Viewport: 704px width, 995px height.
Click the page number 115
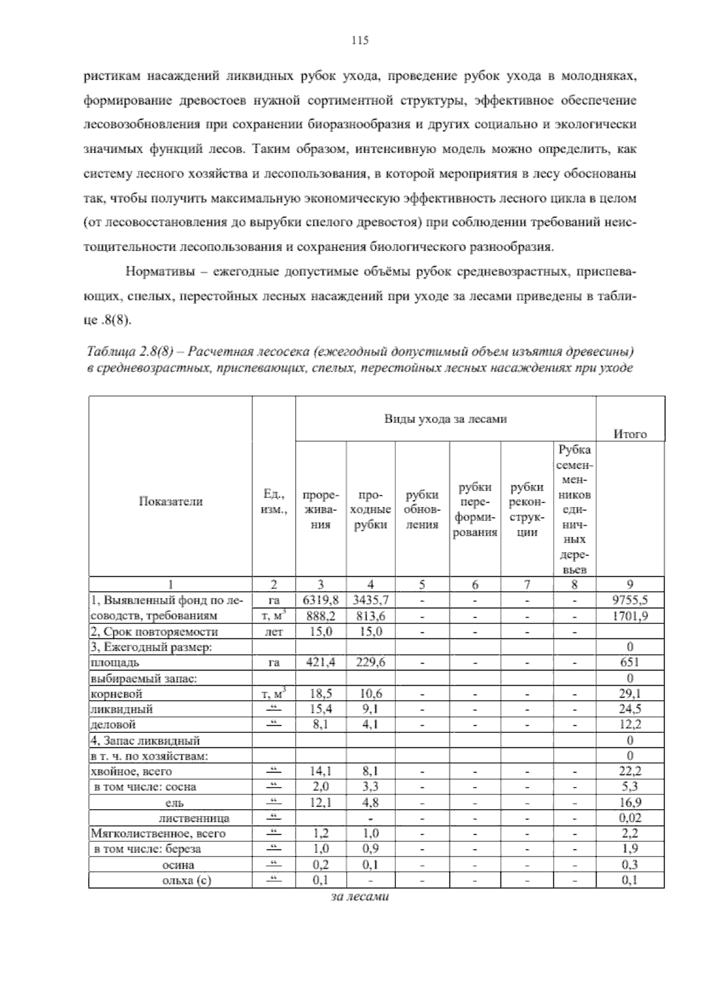pyautogui.click(x=359, y=40)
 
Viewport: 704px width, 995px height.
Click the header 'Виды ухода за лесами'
pyautogui.click(x=445, y=419)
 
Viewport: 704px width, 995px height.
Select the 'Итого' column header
pyautogui.click(x=630, y=434)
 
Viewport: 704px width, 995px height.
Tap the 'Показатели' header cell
pyautogui.click(x=171, y=501)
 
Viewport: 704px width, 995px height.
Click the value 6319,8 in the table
pyautogui.click(x=321, y=600)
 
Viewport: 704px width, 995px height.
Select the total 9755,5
pyautogui.click(x=630, y=600)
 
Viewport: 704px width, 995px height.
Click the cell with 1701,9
pyautogui.click(x=630, y=616)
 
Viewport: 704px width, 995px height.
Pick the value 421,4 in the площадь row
pyautogui.click(x=321, y=662)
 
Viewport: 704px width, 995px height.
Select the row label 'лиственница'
pyautogui.click(x=194, y=818)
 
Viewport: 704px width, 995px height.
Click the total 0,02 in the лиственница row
pyautogui.click(x=630, y=818)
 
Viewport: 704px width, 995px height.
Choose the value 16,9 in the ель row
pyautogui.click(x=630, y=802)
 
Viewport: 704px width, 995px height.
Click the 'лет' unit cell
pyautogui.click(x=273, y=632)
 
